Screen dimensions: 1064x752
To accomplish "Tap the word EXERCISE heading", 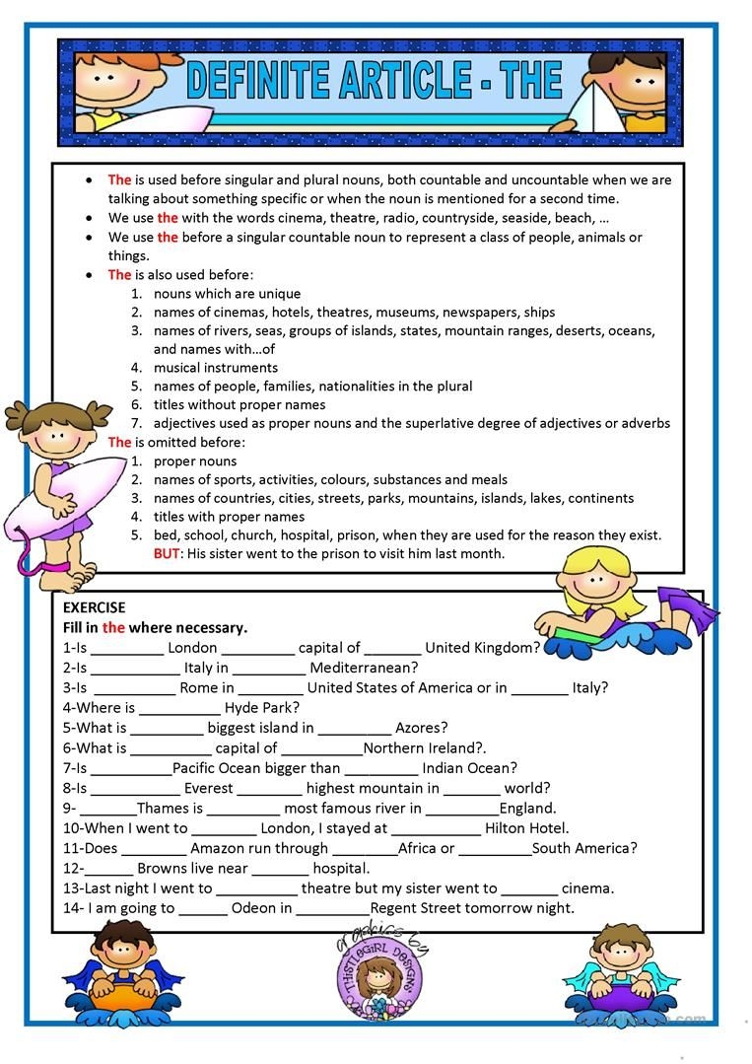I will (95, 607).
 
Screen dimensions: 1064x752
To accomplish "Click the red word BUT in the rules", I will (167, 553).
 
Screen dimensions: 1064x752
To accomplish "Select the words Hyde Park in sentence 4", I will (262, 707).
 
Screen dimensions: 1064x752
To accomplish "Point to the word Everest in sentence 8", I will (208, 788).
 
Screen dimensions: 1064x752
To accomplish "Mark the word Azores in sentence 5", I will (422, 728).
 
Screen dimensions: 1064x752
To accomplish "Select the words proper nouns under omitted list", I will (195, 461).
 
